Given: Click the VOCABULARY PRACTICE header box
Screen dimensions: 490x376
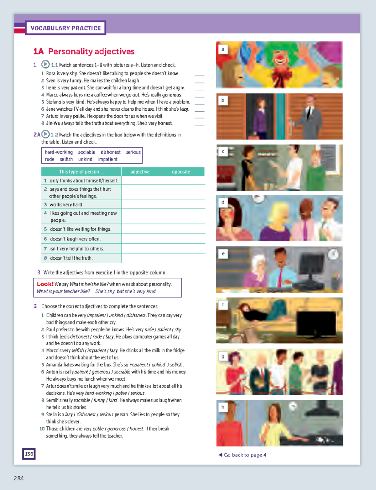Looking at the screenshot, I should [65, 28].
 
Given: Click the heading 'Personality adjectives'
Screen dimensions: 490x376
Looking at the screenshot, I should [91, 51].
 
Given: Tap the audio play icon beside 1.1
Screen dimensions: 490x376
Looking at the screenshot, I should [45, 64].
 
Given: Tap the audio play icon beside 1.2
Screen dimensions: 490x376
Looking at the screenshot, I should [46, 134].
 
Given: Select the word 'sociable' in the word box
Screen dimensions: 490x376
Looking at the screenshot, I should [86, 152].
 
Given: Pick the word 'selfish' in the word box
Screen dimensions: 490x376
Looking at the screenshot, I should [66, 159].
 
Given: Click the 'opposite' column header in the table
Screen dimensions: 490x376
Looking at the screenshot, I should [181, 172].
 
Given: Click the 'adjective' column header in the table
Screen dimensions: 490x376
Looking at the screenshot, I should [140, 172].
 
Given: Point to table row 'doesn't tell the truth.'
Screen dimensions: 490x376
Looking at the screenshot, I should [71, 258].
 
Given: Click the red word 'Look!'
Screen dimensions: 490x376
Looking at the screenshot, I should [45, 284].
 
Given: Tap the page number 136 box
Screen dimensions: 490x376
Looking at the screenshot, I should [29, 454].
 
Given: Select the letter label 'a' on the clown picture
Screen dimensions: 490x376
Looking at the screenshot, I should [223, 49].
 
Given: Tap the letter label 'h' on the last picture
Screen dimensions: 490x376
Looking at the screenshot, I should [223, 407].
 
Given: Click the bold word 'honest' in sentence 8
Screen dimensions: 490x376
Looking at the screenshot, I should [165, 123].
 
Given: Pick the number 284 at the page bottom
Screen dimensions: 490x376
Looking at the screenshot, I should [19, 478].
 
